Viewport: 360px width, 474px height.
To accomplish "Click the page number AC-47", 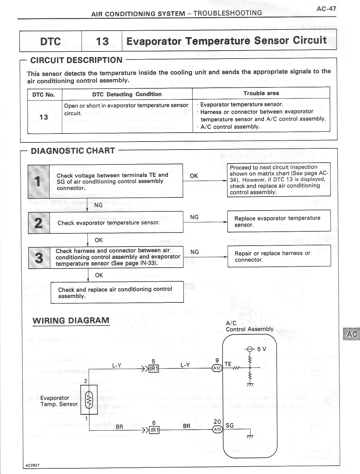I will click(x=326, y=9).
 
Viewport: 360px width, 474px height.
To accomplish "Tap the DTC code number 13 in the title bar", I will click(x=102, y=41).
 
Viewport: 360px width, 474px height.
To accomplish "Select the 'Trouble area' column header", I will click(x=261, y=93).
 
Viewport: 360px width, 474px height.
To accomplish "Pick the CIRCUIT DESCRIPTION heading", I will click(x=76, y=60).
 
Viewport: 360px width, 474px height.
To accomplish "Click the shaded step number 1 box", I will click(x=38, y=181).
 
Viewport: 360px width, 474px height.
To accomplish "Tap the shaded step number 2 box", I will click(x=39, y=223).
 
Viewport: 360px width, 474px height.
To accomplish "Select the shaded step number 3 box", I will click(x=39, y=258).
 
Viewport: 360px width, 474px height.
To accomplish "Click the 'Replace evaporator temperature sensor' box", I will click(x=279, y=221).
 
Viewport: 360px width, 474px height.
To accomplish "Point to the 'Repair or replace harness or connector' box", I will click(x=279, y=256).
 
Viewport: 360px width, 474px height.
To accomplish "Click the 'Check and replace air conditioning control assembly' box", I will click(x=117, y=292).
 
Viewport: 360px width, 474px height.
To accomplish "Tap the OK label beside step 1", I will click(x=194, y=176).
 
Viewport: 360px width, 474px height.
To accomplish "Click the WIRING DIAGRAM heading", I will click(x=71, y=321).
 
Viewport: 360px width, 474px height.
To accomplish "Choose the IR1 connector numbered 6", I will click(x=154, y=430).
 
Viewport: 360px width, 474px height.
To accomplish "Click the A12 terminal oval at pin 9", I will click(x=217, y=368).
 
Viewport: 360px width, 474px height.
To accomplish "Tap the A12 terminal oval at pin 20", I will click(x=217, y=429).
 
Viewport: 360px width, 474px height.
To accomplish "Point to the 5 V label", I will click(x=262, y=349).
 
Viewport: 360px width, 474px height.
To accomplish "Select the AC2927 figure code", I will click(x=32, y=465).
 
